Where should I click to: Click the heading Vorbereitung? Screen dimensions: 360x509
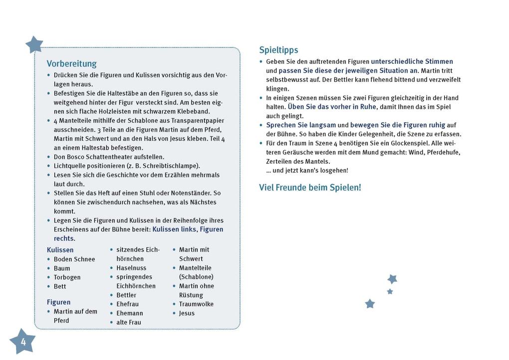coord(71,64)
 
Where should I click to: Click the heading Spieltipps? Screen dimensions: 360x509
coord(278,50)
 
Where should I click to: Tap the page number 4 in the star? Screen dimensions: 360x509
coord(23,342)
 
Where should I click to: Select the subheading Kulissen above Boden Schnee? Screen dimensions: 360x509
coord(60,250)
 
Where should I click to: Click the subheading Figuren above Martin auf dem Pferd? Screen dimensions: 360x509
coord(58,302)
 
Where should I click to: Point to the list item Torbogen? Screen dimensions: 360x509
coord(67,277)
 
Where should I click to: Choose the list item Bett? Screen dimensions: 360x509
coord(60,286)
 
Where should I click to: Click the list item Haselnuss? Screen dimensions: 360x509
coord(131,268)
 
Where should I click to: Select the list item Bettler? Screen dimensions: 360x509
coord(126,295)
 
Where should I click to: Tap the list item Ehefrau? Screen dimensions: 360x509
coord(127,304)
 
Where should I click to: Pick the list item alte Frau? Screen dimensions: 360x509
coord(129,322)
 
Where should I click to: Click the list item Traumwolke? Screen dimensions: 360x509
coord(196,304)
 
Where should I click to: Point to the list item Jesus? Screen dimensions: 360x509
coord(187,313)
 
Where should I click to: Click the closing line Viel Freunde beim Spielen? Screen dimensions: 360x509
coord(310,188)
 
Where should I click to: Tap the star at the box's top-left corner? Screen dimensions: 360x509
coord(34,45)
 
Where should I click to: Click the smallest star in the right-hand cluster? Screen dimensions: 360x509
coord(390,291)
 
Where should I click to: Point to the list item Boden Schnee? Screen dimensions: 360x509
coord(74,259)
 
